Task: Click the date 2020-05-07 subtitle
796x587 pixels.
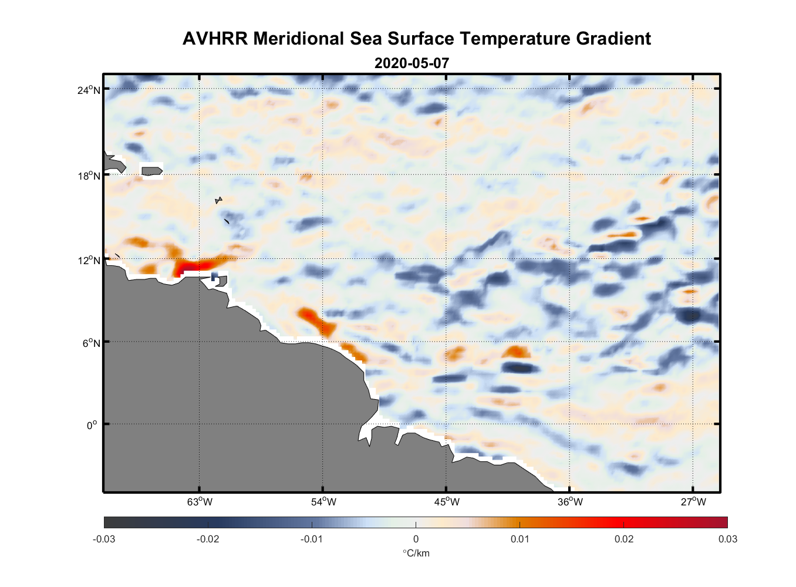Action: click(x=412, y=63)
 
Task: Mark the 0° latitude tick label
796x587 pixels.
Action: click(x=92, y=425)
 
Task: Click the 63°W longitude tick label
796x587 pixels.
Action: click(x=200, y=502)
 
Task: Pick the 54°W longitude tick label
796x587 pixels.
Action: click(x=323, y=502)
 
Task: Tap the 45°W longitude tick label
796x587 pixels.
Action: click(x=447, y=502)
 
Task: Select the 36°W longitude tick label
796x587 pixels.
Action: click(x=570, y=502)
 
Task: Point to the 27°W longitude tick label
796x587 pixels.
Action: click(x=693, y=502)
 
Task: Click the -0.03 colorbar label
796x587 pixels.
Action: click(x=104, y=539)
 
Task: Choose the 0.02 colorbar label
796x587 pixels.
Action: click(x=623, y=539)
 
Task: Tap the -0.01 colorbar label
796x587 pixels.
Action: click(x=312, y=539)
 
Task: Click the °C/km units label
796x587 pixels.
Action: click(x=416, y=553)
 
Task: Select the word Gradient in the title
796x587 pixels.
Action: click(x=613, y=39)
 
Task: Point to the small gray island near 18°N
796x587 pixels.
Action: click(x=152, y=171)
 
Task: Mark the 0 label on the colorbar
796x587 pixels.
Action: click(x=416, y=539)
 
